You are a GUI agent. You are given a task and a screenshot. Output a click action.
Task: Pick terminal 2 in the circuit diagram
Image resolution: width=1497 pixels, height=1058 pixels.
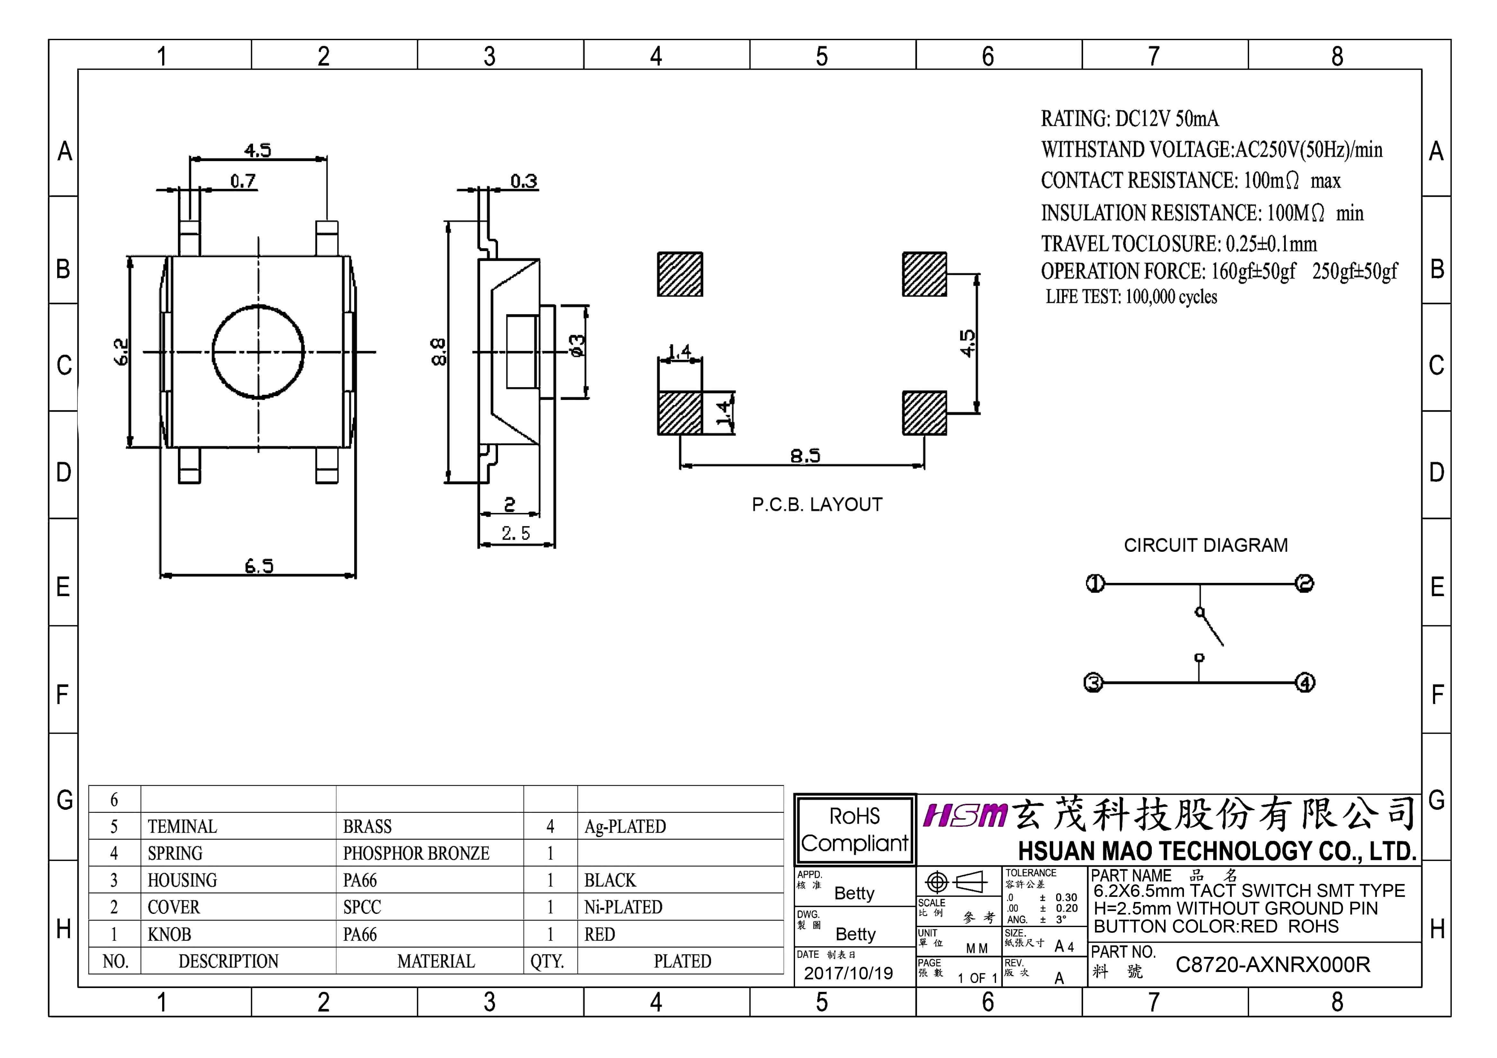1305,584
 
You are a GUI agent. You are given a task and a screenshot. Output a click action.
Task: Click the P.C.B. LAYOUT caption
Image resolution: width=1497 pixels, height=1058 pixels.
817,505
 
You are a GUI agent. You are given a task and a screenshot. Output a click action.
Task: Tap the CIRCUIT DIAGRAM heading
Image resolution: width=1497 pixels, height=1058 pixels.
1205,545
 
